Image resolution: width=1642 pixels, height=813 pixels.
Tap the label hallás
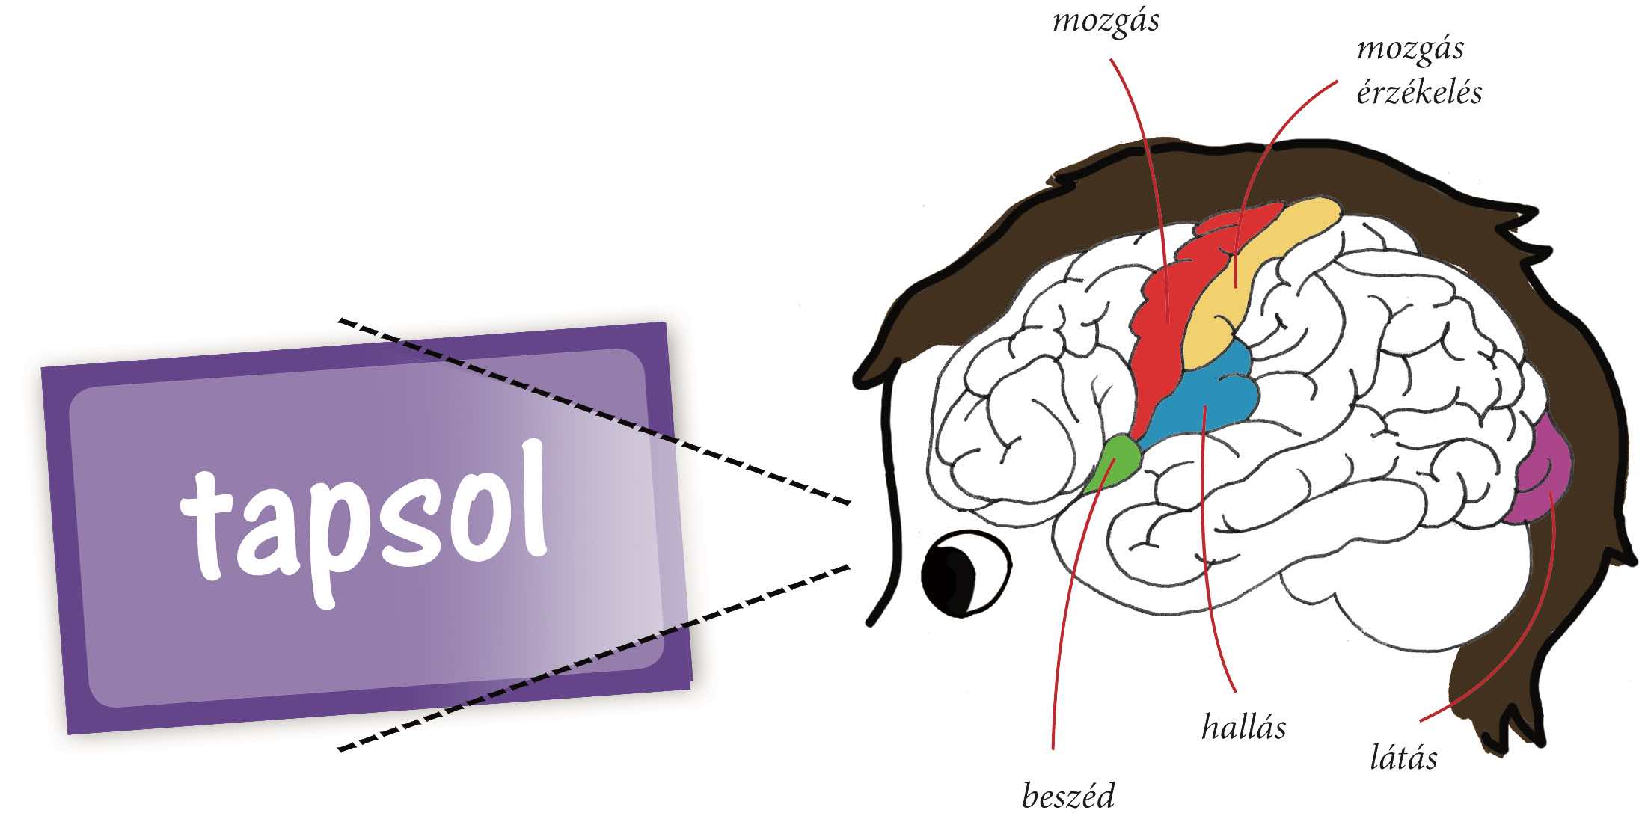click(1243, 727)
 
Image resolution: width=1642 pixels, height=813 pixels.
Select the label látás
click(1403, 758)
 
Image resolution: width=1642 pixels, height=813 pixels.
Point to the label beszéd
click(1068, 796)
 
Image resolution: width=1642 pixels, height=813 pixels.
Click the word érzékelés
click(1419, 93)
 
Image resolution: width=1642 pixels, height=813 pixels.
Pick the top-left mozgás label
click(1106, 21)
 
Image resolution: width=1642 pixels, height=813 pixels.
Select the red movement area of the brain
click(1167, 314)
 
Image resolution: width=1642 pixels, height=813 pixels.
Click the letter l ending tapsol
click(530, 497)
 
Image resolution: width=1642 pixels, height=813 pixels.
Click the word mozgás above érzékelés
click(1410, 49)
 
